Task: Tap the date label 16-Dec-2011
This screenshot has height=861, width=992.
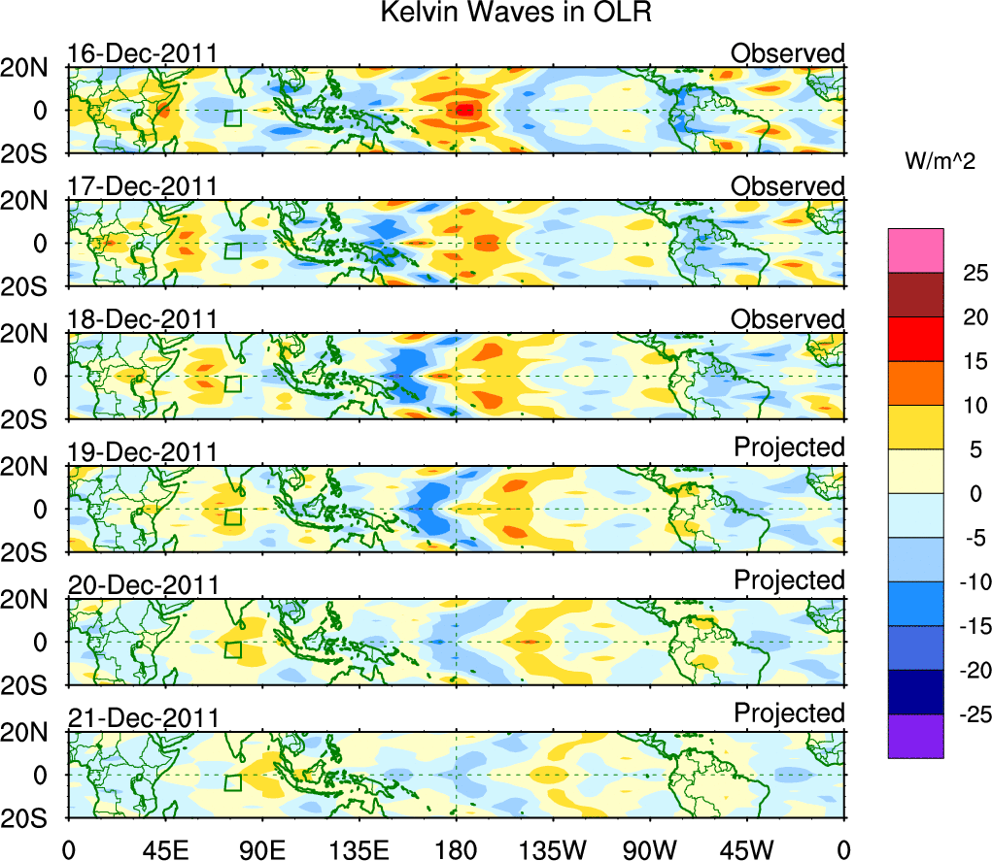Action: coord(142,53)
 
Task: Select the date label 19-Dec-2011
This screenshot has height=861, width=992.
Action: coord(142,452)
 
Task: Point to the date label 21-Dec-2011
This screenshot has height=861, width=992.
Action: coord(142,718)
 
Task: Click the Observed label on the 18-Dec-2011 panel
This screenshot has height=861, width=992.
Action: coord(788,319)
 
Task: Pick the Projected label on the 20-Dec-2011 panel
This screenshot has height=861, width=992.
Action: coord(789,580)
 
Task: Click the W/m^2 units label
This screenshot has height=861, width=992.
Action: coord(939,162)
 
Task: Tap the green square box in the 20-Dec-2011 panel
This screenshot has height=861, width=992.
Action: coord(232,649)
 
